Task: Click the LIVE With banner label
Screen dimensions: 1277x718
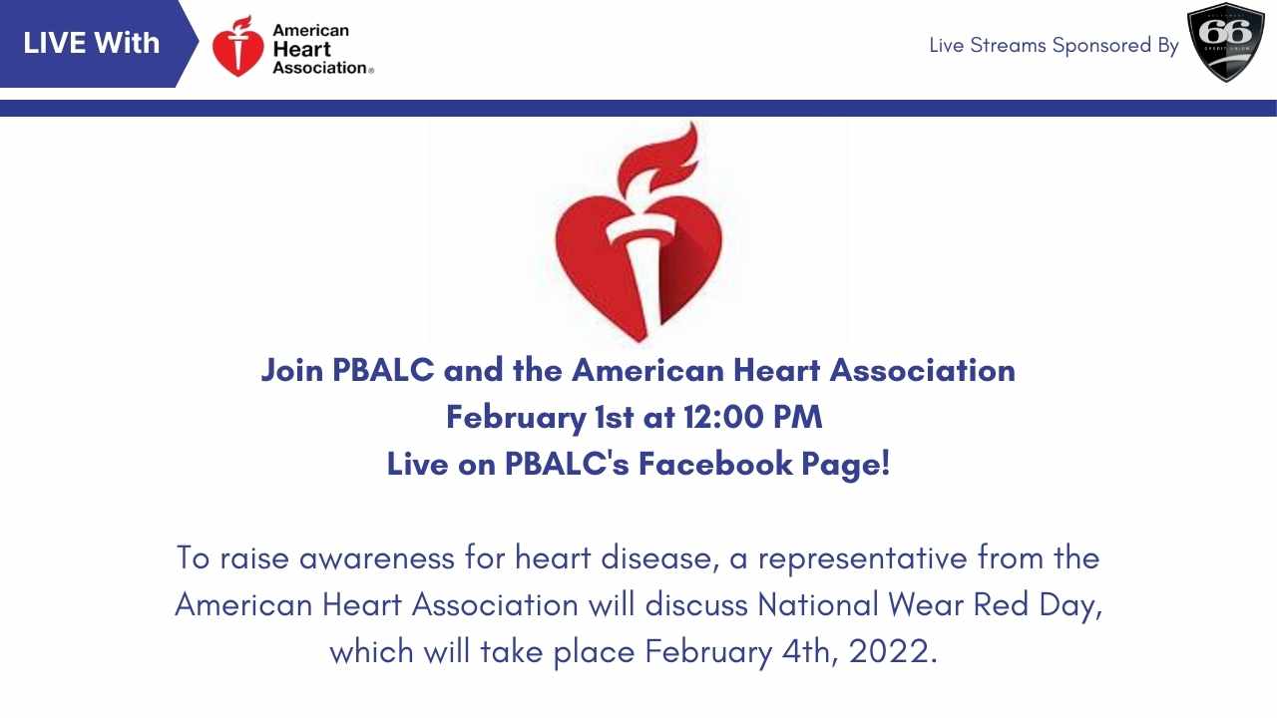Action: pyautogui.click(x=91, y=43)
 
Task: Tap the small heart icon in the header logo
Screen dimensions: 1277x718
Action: pyautogui.click(x=238, y=46)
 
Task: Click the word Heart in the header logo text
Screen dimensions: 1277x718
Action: pyautogui.click(x=301, y=50)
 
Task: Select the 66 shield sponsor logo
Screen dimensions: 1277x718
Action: pyautogui.click(x=1226, y=43)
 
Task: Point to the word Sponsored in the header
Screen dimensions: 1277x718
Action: pyautogui.click(x=1102, y=46)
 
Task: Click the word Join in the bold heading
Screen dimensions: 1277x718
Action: pyautogui.click(x=292, y=371)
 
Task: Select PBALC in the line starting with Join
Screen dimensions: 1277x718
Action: pyautogui.click(x=383, y=370)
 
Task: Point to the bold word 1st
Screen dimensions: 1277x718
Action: pyautogui.click(x=614, y=417)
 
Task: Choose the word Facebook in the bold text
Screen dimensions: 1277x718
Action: pyautogui.click(x=715, y=464)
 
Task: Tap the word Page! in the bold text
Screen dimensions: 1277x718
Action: pyautogui.click(x=845, y=465)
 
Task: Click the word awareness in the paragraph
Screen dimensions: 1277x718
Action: pyautogui.click(x=377, y=557)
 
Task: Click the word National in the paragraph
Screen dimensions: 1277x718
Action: pyautogui.click(x=817, y=604)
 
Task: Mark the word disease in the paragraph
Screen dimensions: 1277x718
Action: pyautogui.click(x=655, y=557)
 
